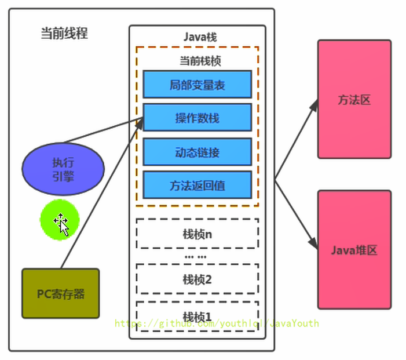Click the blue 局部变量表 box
[x=197, y=85]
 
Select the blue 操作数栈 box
[x=197, y=118]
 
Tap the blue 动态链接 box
[x=197, y=152]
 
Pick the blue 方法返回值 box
[x=197, y=186]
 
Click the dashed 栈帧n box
[x=197, y=234]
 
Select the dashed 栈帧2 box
[x=197, y=279]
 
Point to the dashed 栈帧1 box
[x=197, y=316]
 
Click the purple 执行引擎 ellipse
[x=63, y=169]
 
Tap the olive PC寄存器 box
[x=61, y=293]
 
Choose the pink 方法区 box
[x=354, y=99]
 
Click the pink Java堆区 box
[x=354, y=250]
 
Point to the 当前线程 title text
[x=64, y=33]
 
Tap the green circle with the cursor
[x=59, y=221]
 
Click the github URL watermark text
[x=217, y=323]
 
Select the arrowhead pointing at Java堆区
[x=314, y=245]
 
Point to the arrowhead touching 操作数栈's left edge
[x=140, y=120]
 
